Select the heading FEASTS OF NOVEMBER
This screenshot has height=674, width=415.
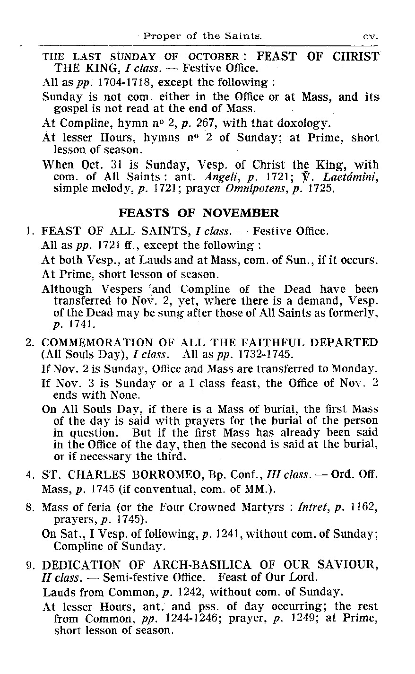199,213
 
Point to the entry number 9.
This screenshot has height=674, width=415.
29,565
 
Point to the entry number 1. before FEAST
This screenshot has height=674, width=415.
29,232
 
